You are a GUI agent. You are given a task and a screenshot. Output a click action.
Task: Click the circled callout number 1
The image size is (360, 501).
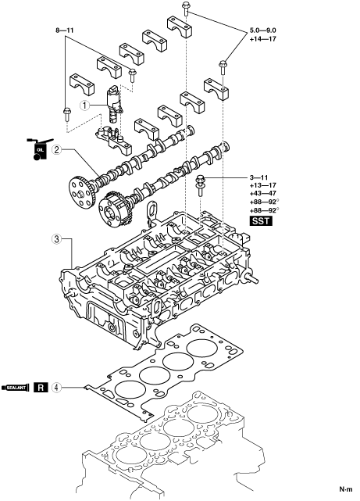point(84,105)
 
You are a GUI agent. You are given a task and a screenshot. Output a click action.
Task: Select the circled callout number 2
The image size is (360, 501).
point(56,149)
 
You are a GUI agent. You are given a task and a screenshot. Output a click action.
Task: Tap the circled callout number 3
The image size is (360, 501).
point(56,239)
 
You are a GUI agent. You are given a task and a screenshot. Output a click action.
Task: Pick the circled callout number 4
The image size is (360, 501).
point(56,388)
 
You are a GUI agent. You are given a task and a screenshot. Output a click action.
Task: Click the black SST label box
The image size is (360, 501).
point(261,220)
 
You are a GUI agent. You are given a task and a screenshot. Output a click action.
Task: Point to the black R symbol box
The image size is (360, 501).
point(41,388)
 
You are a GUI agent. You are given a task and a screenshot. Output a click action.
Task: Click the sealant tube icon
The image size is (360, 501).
point(16,388)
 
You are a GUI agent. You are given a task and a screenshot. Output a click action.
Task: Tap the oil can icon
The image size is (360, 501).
point(39,149)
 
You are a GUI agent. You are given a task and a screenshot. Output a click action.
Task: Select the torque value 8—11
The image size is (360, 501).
point(65,30)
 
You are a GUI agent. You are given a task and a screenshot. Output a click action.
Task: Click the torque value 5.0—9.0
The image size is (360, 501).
point(263,30)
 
